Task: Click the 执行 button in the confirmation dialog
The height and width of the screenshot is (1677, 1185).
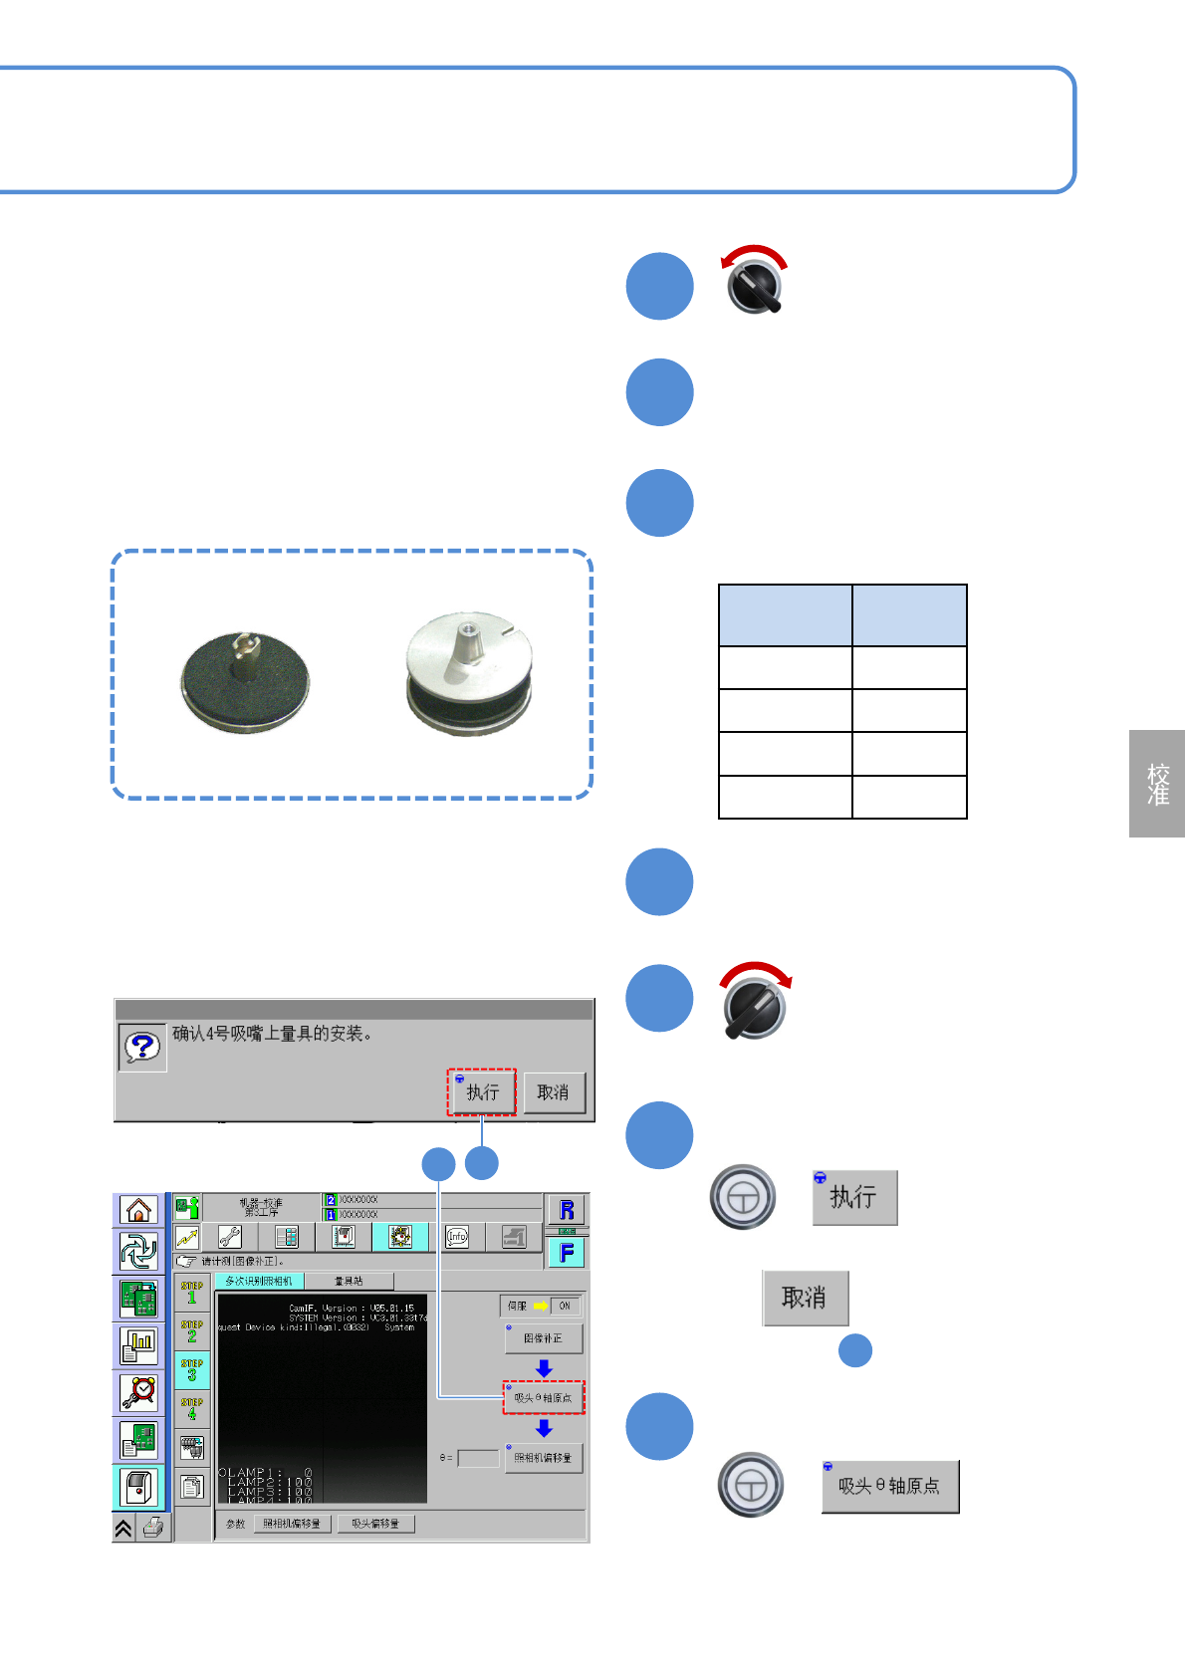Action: click(482, 1092)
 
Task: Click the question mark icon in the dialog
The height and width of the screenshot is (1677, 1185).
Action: click(142, 1047)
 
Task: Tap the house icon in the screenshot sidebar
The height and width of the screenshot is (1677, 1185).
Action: click(138, 1210)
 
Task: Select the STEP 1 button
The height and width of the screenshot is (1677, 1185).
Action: click(192, 1293)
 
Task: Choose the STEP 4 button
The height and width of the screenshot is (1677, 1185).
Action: click(192, 1409)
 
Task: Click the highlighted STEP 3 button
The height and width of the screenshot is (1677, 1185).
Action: click(192, 1370)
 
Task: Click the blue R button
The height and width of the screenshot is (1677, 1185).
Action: click(567, 1210)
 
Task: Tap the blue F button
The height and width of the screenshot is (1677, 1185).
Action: click(567, 1253)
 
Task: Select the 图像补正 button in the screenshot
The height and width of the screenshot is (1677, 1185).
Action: click(543, 1338)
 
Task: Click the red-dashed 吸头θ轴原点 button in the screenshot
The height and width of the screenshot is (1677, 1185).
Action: click(544, 1398)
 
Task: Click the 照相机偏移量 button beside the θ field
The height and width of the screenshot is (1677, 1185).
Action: click(543, 1458)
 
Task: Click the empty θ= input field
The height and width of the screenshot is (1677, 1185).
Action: click(478, 1458)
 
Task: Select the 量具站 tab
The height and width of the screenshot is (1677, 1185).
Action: click(349, 1281)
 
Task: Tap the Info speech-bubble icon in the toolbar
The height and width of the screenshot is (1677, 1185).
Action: click(457, 1237)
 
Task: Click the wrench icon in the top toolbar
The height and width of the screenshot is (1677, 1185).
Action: click(230, 1237)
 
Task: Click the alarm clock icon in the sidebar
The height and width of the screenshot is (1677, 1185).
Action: click(138, 1392)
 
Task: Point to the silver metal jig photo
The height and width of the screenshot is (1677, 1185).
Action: click(469, 672)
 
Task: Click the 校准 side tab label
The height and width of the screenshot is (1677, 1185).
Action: click(1157, 784)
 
